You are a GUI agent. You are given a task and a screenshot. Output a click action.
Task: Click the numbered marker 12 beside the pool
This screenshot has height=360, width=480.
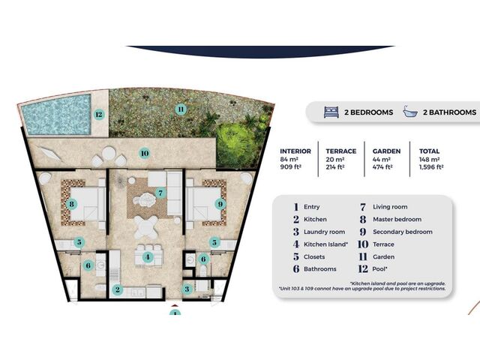pos(98,115)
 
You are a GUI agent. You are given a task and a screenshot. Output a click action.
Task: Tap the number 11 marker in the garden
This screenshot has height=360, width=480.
pos(181,109)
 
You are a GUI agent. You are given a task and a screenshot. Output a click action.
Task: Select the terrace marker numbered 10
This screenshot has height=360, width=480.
pos(145,153)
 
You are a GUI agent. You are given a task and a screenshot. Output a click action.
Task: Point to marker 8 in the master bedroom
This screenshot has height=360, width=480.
pos(72,204)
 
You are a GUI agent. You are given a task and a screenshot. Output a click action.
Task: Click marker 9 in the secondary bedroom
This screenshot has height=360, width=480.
pos(220,204)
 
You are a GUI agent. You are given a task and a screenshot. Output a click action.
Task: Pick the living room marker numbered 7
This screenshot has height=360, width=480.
pos(160,193)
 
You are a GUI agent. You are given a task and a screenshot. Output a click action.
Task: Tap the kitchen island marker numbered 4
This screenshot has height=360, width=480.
pos(148,257)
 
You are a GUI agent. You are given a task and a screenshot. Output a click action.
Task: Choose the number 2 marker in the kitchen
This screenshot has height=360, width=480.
pos(117,289)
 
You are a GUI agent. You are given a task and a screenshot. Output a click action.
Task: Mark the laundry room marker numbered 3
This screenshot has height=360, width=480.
pos(187,289)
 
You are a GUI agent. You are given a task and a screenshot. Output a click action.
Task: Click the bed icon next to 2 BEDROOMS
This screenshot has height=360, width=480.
pos(331,112)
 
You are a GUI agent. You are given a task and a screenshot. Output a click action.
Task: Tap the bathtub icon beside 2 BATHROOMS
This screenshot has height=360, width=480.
pos(410,112)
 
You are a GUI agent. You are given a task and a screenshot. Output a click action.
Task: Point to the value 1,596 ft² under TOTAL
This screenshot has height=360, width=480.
pos(431,167)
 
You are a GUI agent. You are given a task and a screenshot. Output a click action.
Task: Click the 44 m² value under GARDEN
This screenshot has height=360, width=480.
pos(382,160)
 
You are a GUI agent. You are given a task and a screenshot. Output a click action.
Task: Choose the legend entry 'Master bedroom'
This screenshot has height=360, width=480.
pos(397,220)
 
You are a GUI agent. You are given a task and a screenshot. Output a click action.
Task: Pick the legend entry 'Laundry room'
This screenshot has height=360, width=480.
pos(324,232)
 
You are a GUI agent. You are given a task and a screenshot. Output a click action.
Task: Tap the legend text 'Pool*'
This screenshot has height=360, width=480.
pos(380,269)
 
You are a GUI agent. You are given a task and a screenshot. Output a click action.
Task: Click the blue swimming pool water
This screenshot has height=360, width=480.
pos(57,115)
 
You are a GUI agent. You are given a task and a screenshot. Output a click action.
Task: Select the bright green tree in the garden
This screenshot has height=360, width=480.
pos(238,143)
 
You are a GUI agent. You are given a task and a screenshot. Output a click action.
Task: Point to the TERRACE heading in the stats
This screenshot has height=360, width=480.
pos(341,151)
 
